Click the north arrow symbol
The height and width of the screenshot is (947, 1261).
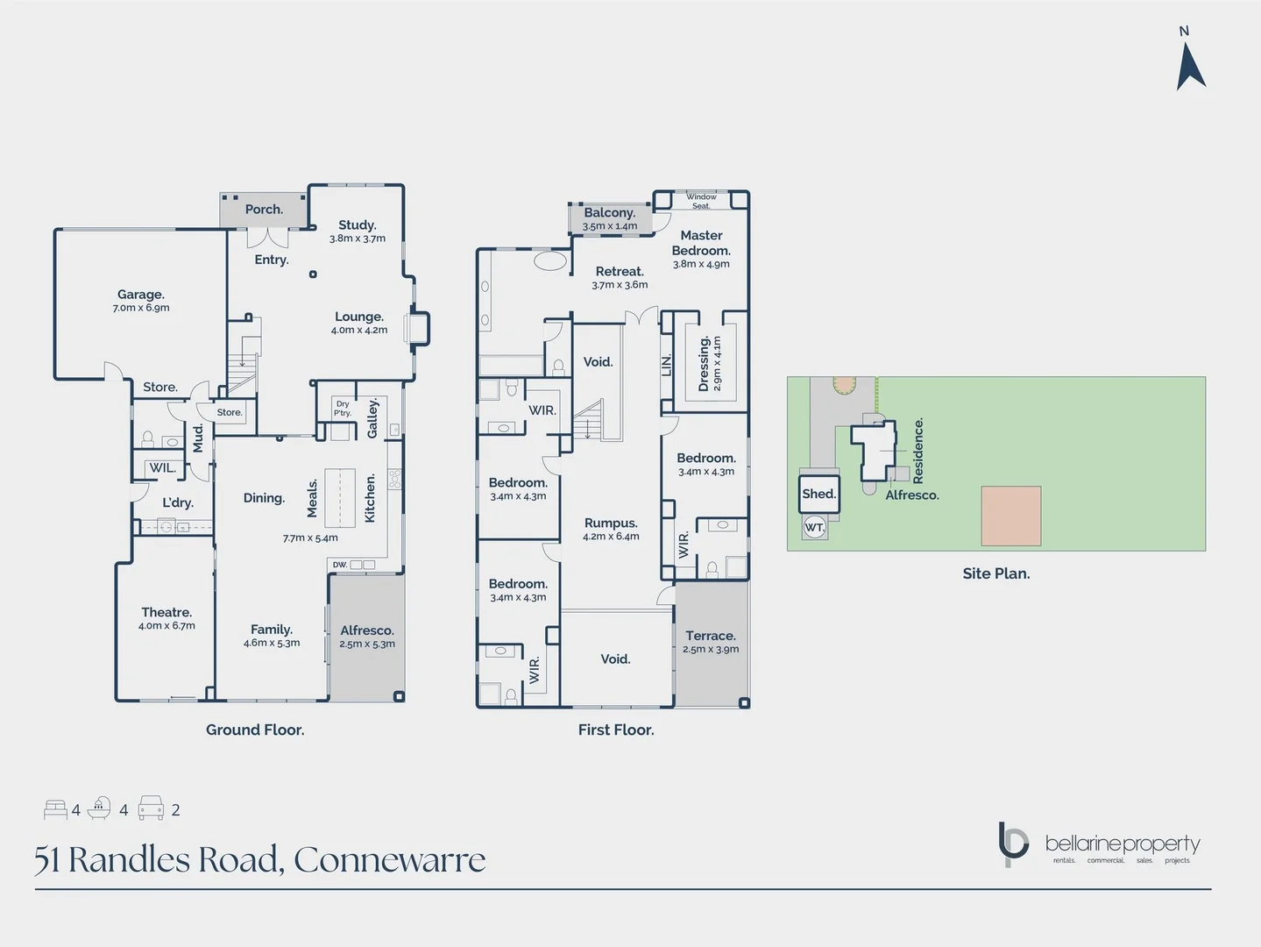1190,66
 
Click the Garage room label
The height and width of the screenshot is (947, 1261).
141,295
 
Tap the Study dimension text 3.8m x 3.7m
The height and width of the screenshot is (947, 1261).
358,239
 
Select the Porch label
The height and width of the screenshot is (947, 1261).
264,210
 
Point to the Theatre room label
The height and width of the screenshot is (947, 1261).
166,612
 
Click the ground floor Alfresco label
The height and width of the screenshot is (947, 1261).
367,630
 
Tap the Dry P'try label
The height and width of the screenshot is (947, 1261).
343,409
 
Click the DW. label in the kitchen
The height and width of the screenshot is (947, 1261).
340,565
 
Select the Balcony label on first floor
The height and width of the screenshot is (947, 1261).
609,212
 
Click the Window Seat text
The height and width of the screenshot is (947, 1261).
701,201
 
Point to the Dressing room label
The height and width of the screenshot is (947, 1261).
704,363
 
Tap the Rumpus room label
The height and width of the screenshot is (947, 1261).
611,523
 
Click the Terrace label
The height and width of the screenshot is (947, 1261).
711,636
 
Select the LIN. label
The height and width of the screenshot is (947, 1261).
667,365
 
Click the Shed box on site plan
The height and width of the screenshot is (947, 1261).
818,494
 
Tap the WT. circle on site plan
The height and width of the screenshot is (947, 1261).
814,527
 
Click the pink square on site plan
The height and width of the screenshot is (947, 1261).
1010,516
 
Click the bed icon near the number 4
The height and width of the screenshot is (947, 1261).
55,809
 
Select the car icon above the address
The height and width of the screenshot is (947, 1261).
151,808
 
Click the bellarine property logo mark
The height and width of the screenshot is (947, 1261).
1013,844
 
